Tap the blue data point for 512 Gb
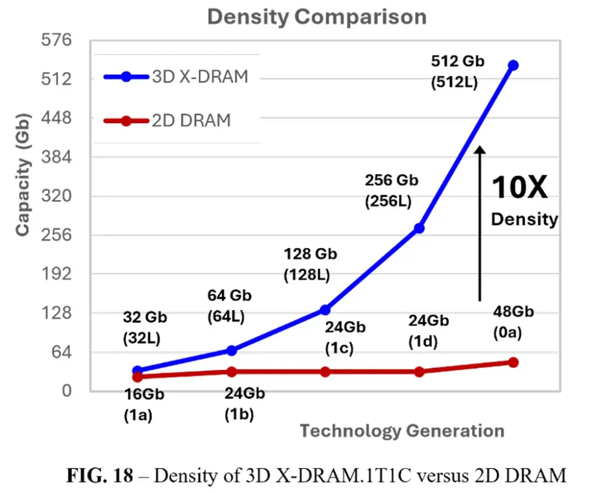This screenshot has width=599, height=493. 513,65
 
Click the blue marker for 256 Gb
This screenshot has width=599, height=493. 419,228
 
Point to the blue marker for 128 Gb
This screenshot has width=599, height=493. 325,309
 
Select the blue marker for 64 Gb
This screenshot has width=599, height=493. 231,350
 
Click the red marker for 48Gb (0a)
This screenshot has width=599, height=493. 513,363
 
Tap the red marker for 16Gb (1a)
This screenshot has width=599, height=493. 137,377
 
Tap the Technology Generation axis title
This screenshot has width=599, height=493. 402,432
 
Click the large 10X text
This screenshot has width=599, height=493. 519,188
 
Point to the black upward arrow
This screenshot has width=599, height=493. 480,222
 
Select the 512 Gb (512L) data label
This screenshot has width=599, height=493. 455,71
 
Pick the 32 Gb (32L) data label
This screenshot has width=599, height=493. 144,327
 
